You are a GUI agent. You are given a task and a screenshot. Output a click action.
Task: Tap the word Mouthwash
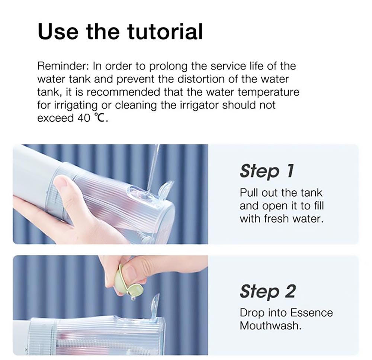click(270, 326)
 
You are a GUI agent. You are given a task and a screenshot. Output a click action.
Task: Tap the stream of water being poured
click(153, 167)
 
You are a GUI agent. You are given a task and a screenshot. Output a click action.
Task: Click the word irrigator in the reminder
click(200, 105)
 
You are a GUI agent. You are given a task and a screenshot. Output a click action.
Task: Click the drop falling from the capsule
click(132, 298)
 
